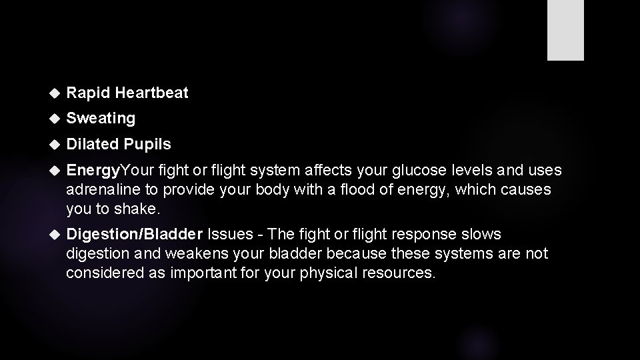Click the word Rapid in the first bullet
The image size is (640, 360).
click(x=83, y=93)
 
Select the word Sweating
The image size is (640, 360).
click(x=101, y=119)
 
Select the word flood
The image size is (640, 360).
click(x=357, y=189)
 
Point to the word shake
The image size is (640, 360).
click(x=139, y=209)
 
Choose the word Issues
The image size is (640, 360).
click(x=230, y=234)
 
